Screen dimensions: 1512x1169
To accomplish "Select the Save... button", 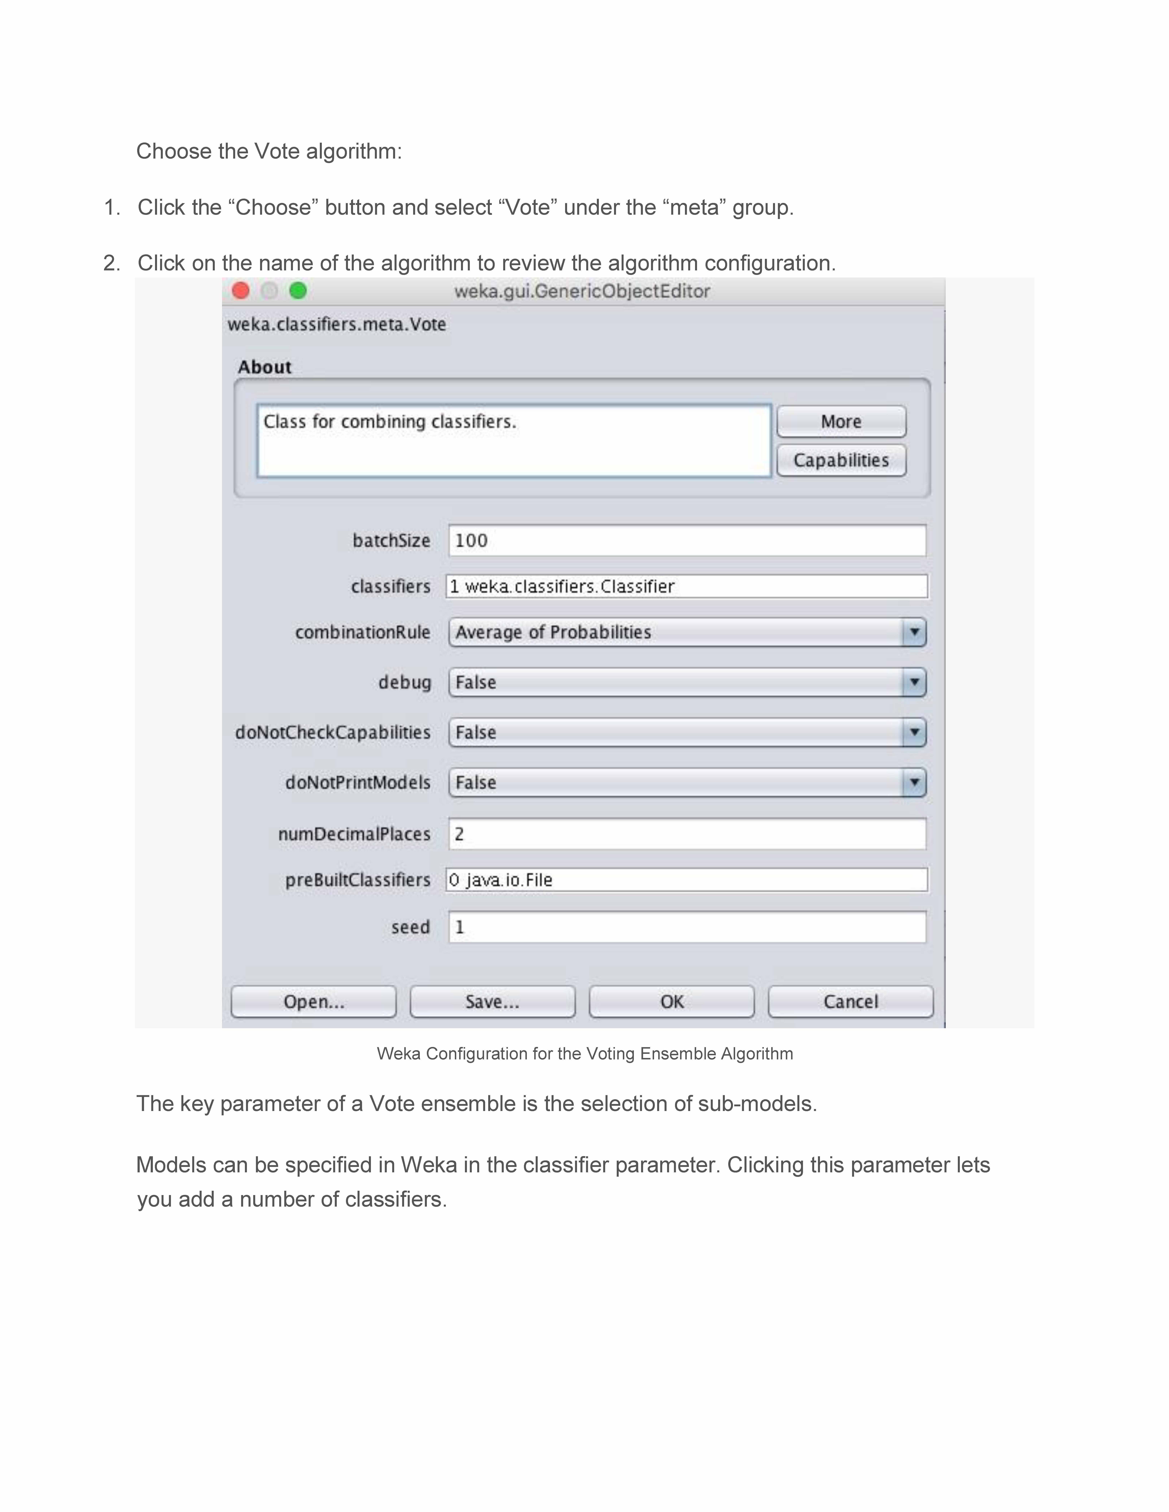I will tap(492, 1002).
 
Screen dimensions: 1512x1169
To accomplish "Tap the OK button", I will tap(671, 1002).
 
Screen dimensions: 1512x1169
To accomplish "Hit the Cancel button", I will tap(850, 1002).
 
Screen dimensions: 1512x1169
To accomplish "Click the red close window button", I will tap(240, 291).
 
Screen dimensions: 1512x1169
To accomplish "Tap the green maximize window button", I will tap(298, 291).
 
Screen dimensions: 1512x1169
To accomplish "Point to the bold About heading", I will tap(265, 367).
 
